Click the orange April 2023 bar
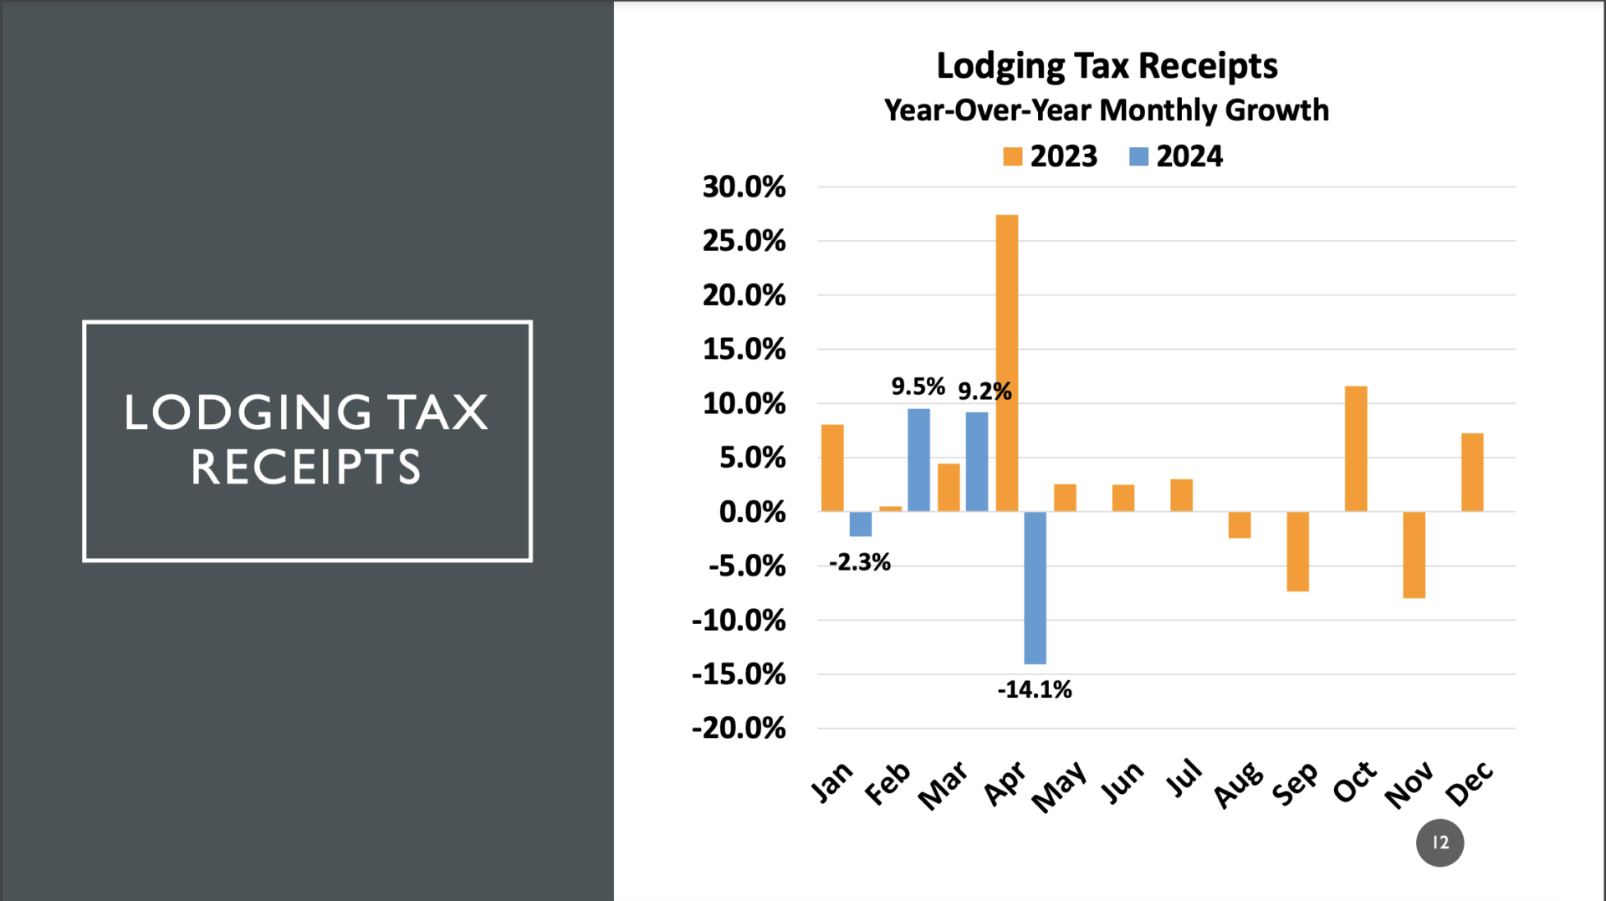[x=1007, y=363]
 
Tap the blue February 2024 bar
[x=918, y=460]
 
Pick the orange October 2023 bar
[x=1356, y=448]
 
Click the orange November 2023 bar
[x=1414, y=555]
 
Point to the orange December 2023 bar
[x=1472, y=472]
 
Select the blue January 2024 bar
[x=861, y=524]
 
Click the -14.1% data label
[x=1034, y=689]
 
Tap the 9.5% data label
[x=918, y=387]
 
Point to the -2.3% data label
[x=859, y=562]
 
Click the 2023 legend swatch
[x=1012, y=156]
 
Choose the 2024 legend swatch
[x=1138, y=156]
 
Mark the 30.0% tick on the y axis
[x=744, y=187]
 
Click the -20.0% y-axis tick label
[x=739, y=728]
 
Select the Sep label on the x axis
[x=1295, y=784]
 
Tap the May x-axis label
[x=1059, y=786]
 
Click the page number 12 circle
[x=1440, y=842]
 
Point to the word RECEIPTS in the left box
[x=306, y=467]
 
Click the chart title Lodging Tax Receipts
[x=1107, y=65]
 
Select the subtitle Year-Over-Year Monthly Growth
[x=1106, y=110]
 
